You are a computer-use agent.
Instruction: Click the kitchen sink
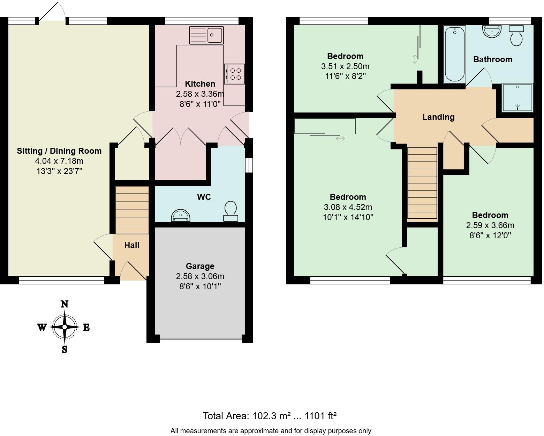click(x=206, y=35)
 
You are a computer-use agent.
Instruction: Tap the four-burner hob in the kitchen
click(x=234, y=74)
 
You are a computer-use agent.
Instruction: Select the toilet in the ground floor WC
click(x=231, y=211)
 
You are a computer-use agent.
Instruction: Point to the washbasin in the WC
click(x=181, y=216)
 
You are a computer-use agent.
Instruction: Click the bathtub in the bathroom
click(x=455, y=54)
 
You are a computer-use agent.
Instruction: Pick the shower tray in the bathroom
click(x=517, y=97)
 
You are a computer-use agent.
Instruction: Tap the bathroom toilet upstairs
click(x=516, y=36)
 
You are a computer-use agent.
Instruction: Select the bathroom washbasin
click(x=492, y=32)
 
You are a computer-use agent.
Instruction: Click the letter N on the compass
click(x=65, y=304)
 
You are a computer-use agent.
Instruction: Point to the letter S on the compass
click(x=65, y=349)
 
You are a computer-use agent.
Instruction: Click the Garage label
click(x=200, y=266)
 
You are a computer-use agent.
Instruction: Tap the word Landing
click(x=438, y=117)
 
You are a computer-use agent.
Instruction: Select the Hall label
click(x=132, y=245)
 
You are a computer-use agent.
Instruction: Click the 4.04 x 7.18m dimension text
click(x=59, y=161)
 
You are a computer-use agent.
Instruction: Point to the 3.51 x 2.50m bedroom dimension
click(x=345, y=66)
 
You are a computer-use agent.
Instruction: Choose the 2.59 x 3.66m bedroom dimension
click(x=490, y=225)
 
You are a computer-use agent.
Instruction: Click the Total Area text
click(x=269, y=416)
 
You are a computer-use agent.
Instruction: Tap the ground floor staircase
click(x=132, y=210)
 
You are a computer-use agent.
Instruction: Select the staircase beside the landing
click(x=422, y=183)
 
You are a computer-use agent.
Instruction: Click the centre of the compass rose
click(x=65, y=327)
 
